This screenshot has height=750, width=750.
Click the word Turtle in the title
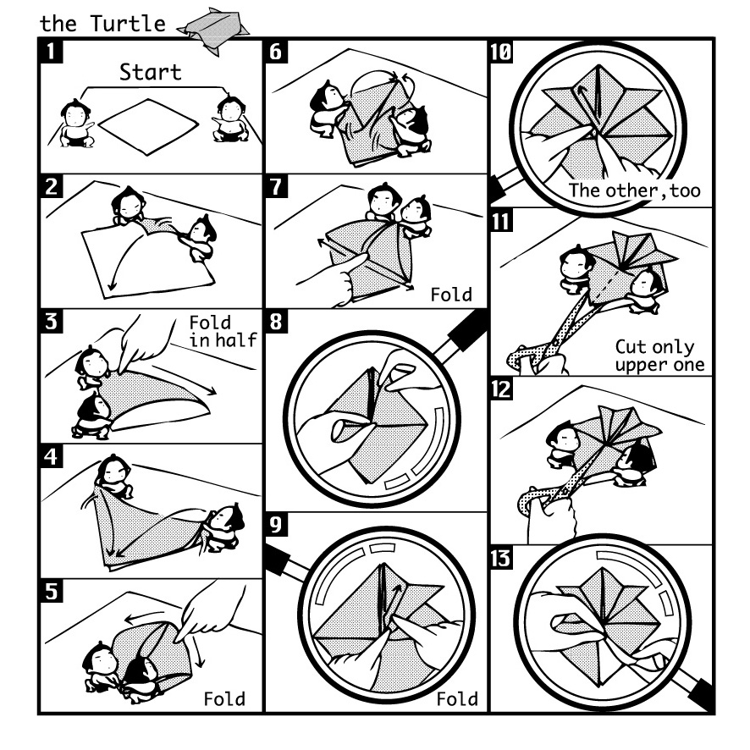128,24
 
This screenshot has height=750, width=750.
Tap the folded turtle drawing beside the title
212,30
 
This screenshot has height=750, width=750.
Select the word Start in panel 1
150,72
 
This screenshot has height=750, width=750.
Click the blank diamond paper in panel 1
148,127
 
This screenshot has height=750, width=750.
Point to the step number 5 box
51,591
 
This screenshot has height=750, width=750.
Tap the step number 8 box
276,322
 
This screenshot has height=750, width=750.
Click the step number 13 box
502,558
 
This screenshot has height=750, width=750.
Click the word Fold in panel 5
224,699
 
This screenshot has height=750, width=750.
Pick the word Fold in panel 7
451,295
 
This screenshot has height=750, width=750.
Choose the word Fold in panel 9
457,699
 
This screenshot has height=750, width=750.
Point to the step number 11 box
502,220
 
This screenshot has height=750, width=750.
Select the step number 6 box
276,52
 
